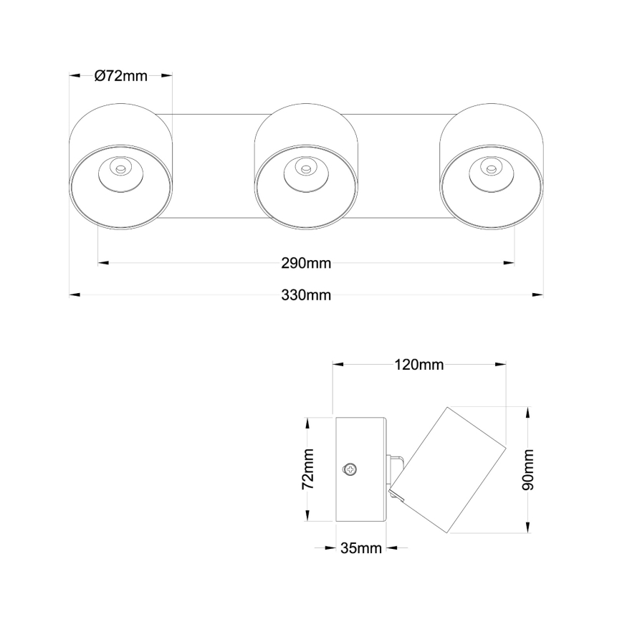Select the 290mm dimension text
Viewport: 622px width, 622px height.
pos(306,263)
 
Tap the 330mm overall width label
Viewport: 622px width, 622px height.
pos(306,295)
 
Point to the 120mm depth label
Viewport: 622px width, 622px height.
pos(419,365)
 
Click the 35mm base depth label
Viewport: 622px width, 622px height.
pos(360,549)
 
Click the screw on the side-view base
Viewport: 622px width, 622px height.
pos(350,469)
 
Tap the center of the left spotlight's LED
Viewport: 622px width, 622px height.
pos(120,170)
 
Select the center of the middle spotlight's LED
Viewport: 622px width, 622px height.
pos(306,170)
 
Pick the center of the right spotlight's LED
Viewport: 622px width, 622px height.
pos(492,170)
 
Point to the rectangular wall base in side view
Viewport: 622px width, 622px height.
pos(362,469)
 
